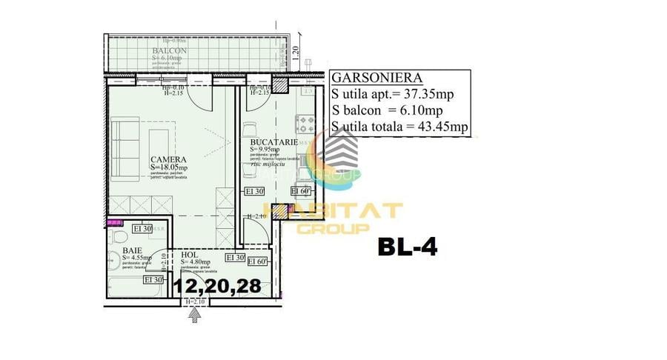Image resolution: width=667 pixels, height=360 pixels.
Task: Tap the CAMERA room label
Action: pos(168,159)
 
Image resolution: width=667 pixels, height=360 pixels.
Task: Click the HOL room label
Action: pos(190,254)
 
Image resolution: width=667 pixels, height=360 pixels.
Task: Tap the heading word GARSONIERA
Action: pos(376,77)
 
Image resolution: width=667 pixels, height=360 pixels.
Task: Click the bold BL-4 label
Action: pos(407,247)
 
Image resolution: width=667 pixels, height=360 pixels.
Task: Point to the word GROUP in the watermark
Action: pos(333,229)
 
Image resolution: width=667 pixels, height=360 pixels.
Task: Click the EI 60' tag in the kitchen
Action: pos(300,191)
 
